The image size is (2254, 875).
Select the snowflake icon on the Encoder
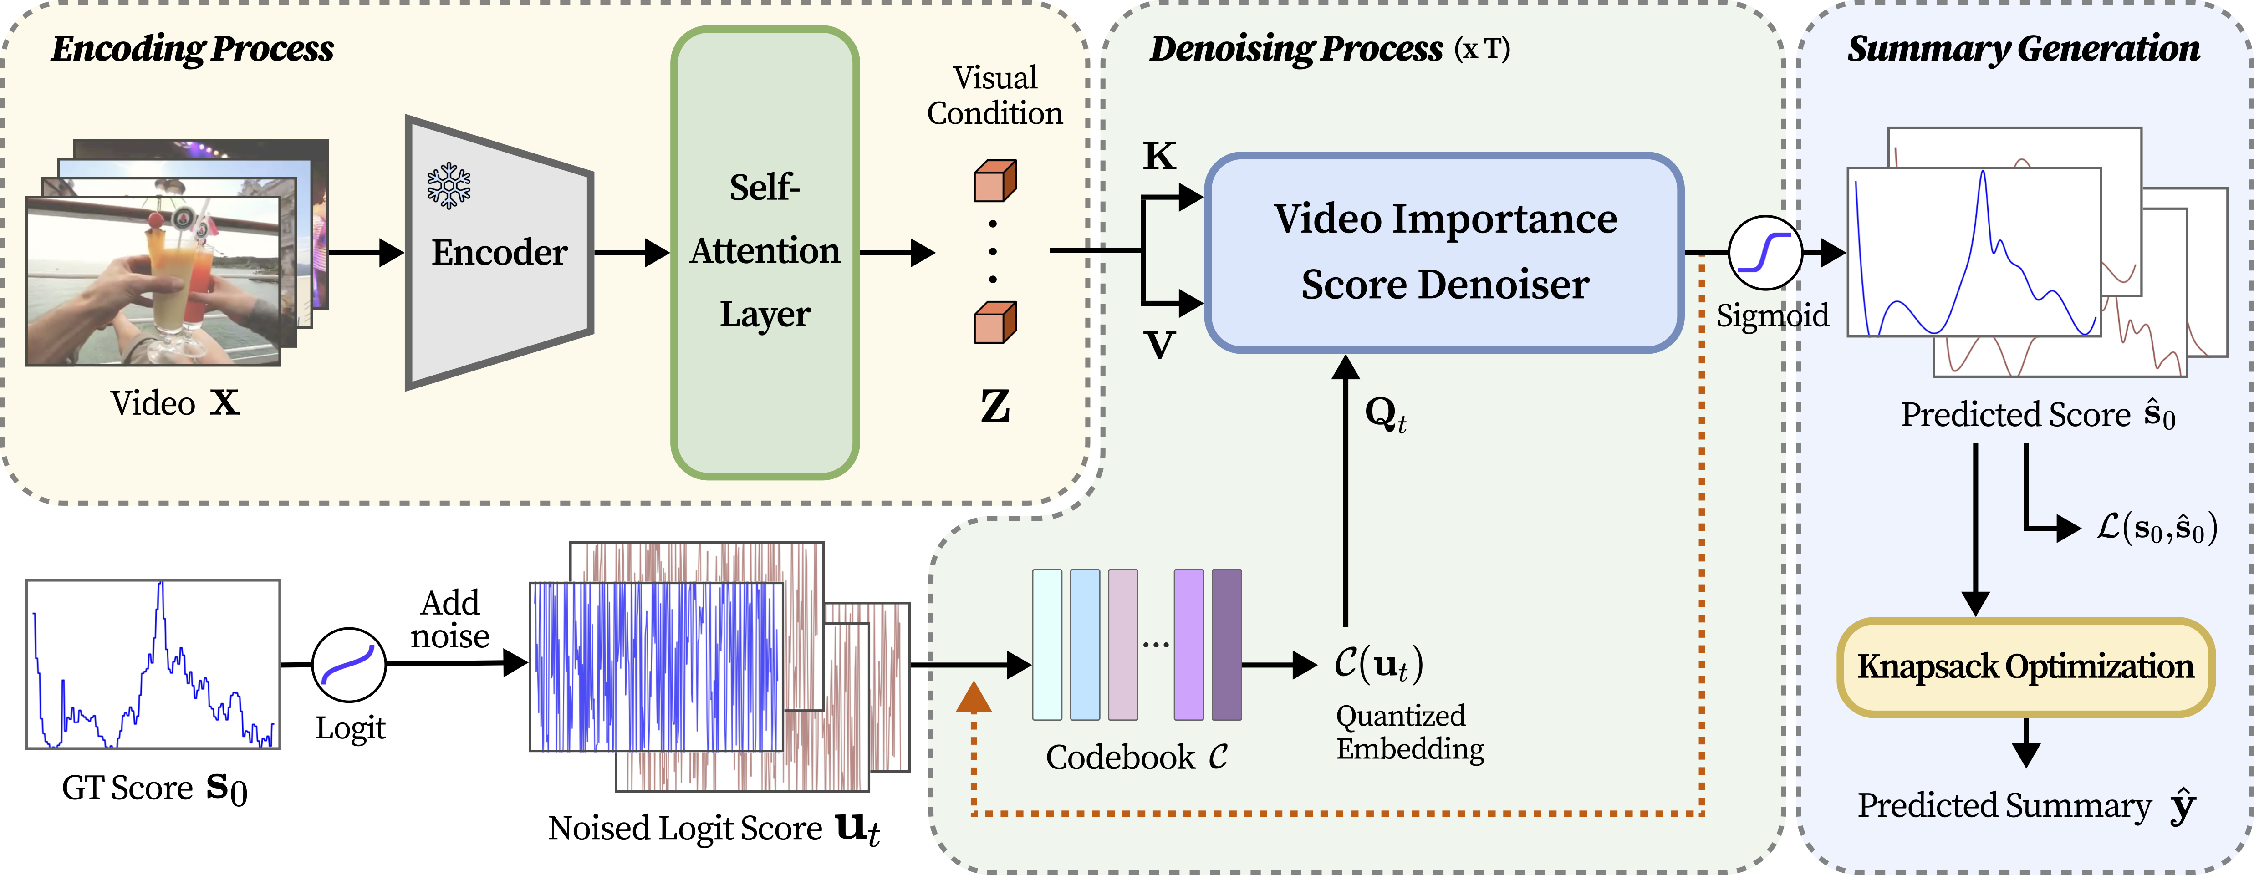pyautogui.click(x=449, y=185)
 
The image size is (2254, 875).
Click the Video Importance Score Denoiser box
pyautogui.click(x=1444, y=252)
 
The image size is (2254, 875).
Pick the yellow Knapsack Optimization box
pyautogui.click(x=2025, y=667)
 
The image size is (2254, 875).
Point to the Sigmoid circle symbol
pyautogui.click(x=1765, y=253)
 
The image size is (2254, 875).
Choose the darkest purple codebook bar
pyautogui.click(x=1226, y=645)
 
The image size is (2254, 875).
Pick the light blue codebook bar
pyautogui.click(x=1085, y=645)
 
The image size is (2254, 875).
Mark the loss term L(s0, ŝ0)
pyautogui.click(x=2157, y=528)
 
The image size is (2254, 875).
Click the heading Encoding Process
pyautogui.click(x=193, y=49)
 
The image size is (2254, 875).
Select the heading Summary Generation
pyautogui.click(x=2023, y=49)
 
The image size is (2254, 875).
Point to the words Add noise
pyautogui.click(x=450, y=620)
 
